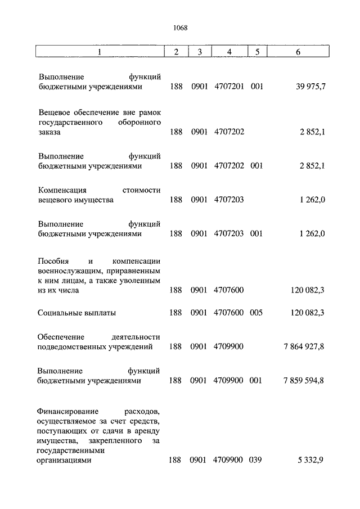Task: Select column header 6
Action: pyautogui.click(x=298, y=52)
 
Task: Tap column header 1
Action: pyautogui.click(x=100, y=52)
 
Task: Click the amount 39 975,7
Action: pyautogui.click(x=309, y=87)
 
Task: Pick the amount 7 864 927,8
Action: pyautogui.click(x=304, y=346)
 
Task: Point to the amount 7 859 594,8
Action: pyautogui.click(x=304, y=381)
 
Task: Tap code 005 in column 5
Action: pyautogui.click(x=256, y=313)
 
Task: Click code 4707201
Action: pyautogui.click(x=228, y=87)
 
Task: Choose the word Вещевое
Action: pyautogui.click(x=55, y=112)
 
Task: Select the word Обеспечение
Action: pyautogui.click(x=61, y=336)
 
